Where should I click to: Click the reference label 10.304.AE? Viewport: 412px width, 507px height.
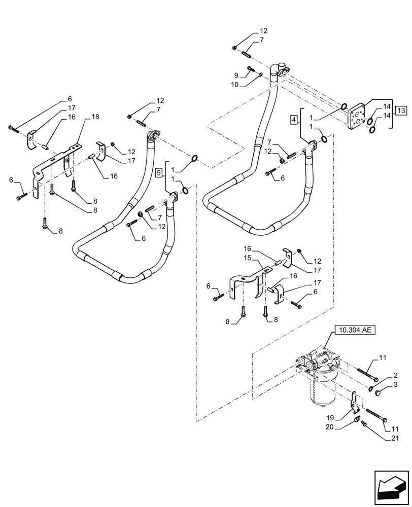click(354, 330)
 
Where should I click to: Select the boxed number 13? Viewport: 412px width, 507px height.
click(401, 110)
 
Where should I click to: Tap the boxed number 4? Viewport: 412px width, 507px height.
click(294, 120)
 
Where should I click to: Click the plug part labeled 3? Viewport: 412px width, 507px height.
click(377, 392)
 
